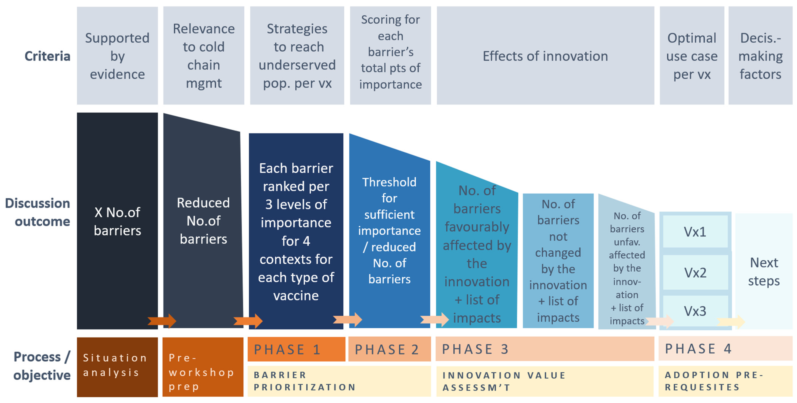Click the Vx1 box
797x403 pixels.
(x=695, y=231)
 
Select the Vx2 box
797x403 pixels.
(x=695, y=272)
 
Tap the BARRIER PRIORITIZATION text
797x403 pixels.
(x=305, y=381)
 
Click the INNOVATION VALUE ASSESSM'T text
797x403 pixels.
(x=504, y=381)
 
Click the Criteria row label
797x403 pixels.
(x=47, y=56)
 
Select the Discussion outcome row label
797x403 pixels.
(x=38, y=212)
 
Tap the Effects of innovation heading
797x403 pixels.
(x=545, y=56)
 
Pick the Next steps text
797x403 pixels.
(x=764, y=271)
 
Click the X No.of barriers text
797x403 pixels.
(x=117, y=221)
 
